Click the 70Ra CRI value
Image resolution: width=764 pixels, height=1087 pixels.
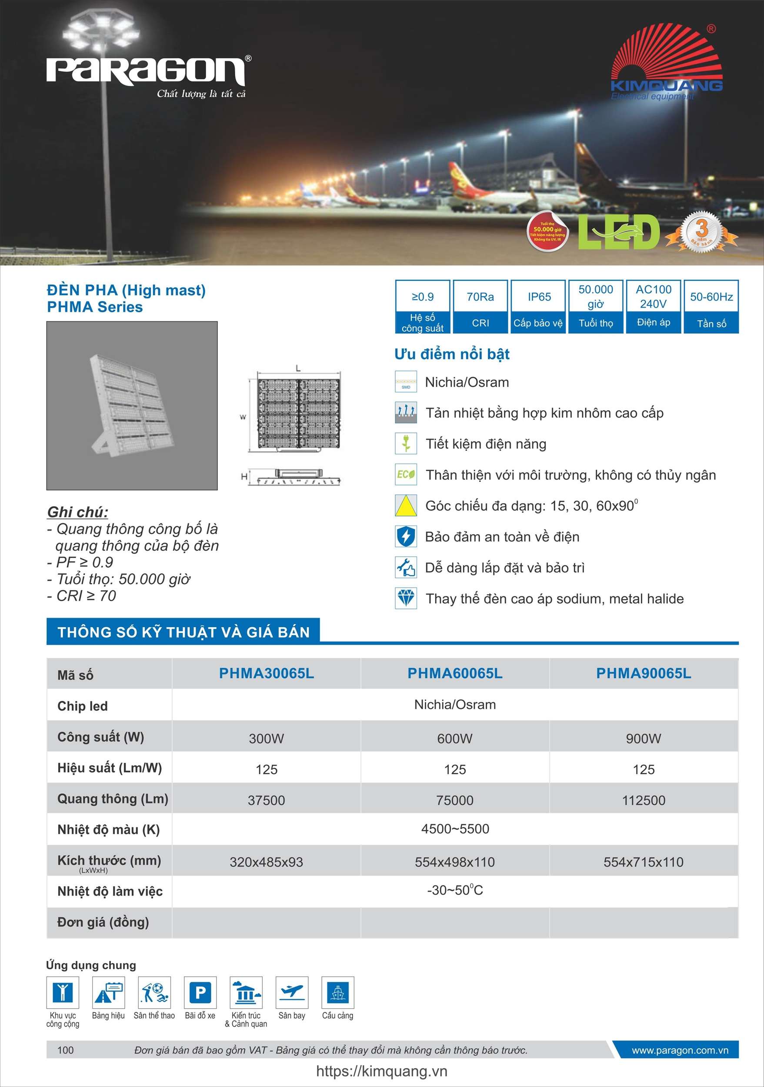pos(480,297)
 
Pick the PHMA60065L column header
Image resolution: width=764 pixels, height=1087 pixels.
pos(455,673)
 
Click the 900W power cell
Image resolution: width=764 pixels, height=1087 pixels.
pos(643,739)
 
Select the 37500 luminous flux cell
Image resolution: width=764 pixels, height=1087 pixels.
pos(267,800)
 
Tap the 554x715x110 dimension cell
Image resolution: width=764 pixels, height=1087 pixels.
pos(643,862)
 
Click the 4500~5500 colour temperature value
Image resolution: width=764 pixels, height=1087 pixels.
pos(455,829)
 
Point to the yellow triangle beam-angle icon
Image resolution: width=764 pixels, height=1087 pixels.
pos(406,505)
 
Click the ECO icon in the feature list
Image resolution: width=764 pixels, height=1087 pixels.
pos(406,475)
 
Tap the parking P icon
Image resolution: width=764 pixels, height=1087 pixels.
pos(200,992)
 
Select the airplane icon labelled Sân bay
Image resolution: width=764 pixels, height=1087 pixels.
pos(292,992)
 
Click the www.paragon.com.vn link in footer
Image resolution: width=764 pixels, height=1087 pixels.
pos(680,1050)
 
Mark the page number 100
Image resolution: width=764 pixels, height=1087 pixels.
pos(65,1050)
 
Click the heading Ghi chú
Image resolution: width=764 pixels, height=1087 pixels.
pos(78,512)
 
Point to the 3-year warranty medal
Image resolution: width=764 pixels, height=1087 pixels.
pos(701,231)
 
